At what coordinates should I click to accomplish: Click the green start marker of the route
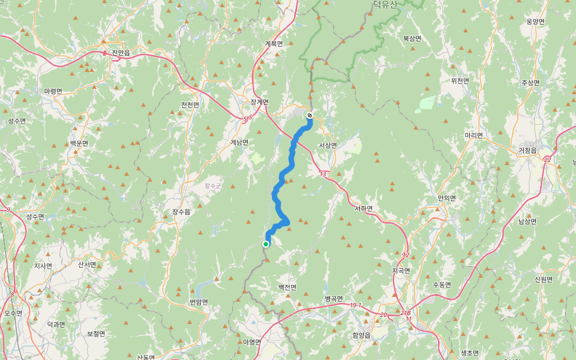pos(265,244)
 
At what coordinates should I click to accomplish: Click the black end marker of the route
pos(310,115)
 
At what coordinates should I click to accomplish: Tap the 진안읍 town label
pos(121,53)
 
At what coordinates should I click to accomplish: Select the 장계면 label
pos(259,102)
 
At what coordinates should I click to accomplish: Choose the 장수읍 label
pos(181,212)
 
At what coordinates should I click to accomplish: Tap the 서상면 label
pos(328,145)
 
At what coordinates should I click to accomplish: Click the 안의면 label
pos(447,198)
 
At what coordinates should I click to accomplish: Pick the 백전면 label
pos(287,287)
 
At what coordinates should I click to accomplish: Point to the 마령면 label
pos(53,91)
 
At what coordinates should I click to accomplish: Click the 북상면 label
pos(412,38)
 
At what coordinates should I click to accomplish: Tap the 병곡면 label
pos(334,298)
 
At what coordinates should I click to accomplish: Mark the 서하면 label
pos(364,209)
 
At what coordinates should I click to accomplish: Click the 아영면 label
pos(252,342)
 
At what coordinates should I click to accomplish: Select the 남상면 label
pos(527,221)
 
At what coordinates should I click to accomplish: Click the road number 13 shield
pos(323,175)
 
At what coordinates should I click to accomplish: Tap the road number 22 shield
pos(547,160)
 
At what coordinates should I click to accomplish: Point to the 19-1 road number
pos(356,305)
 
